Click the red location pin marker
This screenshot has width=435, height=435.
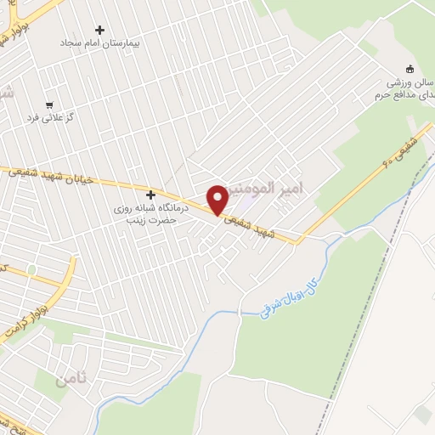[217, 200]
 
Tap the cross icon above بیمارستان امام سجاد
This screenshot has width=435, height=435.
[99, 30]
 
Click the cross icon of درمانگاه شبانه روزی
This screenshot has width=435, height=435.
[150, 195]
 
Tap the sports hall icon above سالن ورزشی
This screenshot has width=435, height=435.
[410, 69]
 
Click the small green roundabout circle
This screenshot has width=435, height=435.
[31, 269]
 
